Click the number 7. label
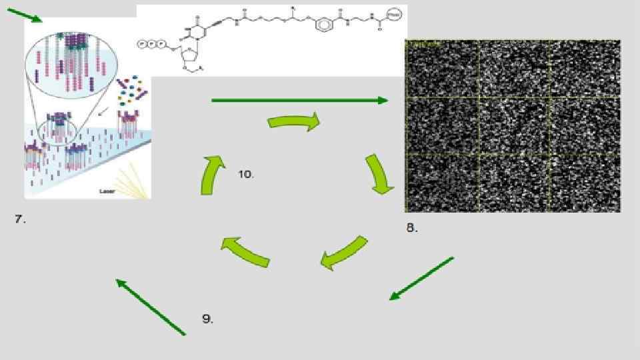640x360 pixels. click(20, 219)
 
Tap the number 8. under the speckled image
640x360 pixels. click(412, 228)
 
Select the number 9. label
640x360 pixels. click(207, 319)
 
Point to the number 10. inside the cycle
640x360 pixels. click(245, 174)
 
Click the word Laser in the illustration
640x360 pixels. click(107, 191)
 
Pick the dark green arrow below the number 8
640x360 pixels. click(421, 279)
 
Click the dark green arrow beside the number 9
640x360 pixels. click(150, 307)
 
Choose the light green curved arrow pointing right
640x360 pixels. click(294, 122)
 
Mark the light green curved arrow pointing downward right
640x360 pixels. click(379, 175)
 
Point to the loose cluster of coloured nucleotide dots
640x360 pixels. click(133, 91)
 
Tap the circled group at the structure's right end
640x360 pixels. click(395, 13)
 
